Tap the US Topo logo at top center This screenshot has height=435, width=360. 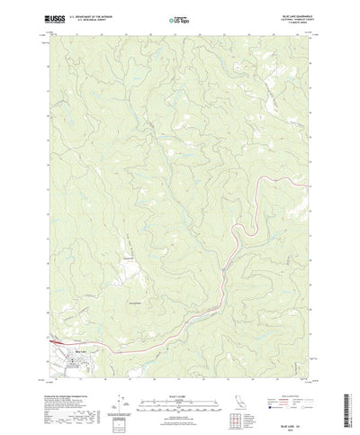(178, 18)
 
